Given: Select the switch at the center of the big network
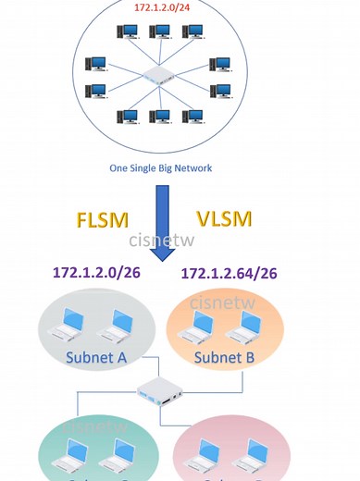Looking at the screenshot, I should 159,78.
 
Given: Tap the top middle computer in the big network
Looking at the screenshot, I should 159,32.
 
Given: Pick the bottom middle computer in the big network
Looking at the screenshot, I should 159,117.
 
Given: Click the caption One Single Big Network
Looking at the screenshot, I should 161,168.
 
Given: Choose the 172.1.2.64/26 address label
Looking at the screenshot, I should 230,274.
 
